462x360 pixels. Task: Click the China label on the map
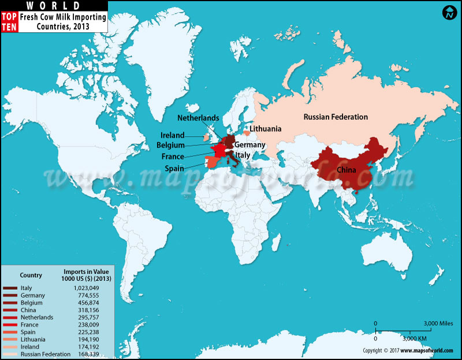coord(346,170)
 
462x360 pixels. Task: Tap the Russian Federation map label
coord(336,117)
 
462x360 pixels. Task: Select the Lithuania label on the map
coord(265,129)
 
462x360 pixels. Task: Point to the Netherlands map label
coord(198,118)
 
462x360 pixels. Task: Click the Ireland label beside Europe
coord(173,135)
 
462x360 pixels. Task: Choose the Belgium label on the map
coord(170,145)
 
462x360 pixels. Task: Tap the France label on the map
coord(173,156)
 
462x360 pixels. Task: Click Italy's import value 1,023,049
coord(87,287)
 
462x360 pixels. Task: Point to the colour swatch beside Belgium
coord(10,302)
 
